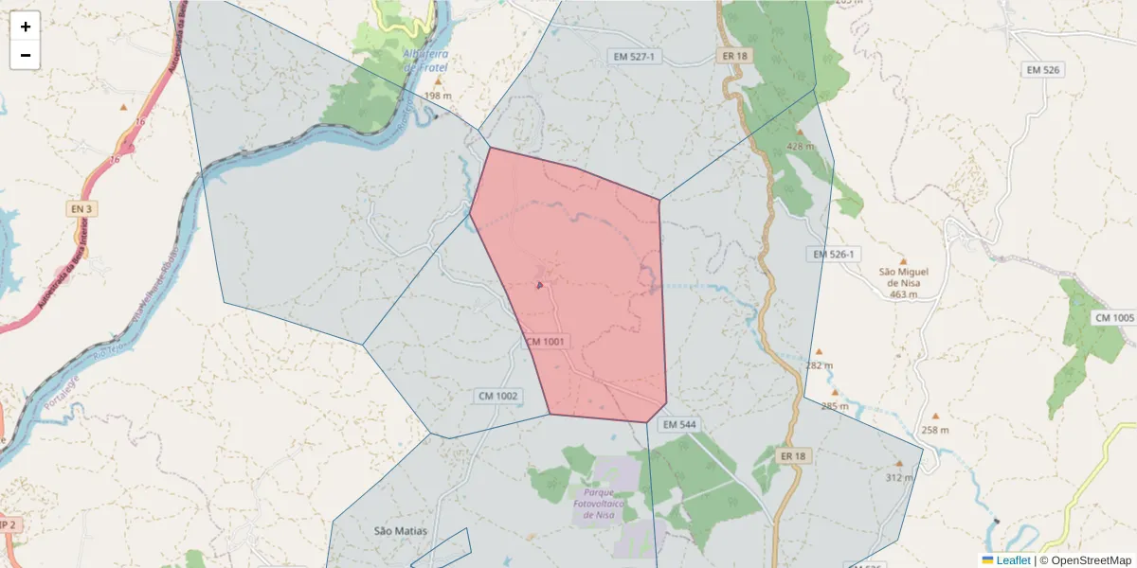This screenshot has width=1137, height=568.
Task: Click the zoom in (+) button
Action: tap(26, 27)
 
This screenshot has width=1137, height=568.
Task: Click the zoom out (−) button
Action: tap(26, 55)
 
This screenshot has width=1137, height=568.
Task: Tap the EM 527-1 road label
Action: tap(634, 58)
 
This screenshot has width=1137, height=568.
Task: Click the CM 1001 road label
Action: tap(545, 342)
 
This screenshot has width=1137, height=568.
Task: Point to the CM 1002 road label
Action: tap(497, 396)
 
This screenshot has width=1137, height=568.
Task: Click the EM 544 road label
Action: tap(679, 425)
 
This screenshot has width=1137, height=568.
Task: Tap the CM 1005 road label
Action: tap(1114, 317)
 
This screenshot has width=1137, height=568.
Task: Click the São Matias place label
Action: tap(401, 531)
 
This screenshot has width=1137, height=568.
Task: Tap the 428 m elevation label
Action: tap(801, 147)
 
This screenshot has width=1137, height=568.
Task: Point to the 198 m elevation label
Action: tap(438, 97)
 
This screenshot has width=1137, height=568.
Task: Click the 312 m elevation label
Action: tap(899, 477)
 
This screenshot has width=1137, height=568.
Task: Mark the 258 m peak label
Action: tap(935, 430)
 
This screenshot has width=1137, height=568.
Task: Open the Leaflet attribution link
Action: tap(1013, 560)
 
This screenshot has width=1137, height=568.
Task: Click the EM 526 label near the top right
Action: tap(1042, 70)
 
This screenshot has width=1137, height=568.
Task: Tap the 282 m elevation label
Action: tap(820, 365)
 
